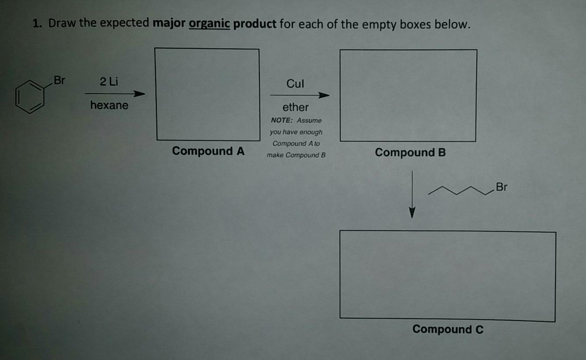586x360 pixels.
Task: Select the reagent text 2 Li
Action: pyautogui.click(x=109, y=82)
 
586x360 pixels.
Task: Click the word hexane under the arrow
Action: pyautogui.click(x=109, y=105)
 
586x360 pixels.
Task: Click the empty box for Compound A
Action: pyautogui.click(x=207, y=94)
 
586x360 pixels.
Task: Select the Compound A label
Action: pyautogui.click(x=208, y=151)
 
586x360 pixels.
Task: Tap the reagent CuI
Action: pyautogui.click(x=295, y=84)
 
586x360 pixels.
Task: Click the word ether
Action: pyautogui.click(x=295, y=108)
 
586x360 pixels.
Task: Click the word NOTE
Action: pyautogui.click(x=282, y=120)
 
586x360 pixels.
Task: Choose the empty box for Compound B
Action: pyautogui.click(x=408, y=95)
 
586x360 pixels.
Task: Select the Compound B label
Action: pyautogui.click(x=410, y=153)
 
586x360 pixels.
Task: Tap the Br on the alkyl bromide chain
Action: pyautogui.click(x=501, y=187)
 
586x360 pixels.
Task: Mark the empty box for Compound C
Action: pyautogui.click(x=447, y=275)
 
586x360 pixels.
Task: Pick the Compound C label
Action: pyautogui.click(x=448, y=329)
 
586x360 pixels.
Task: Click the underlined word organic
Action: pyautogui.click(x=209, y=24)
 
